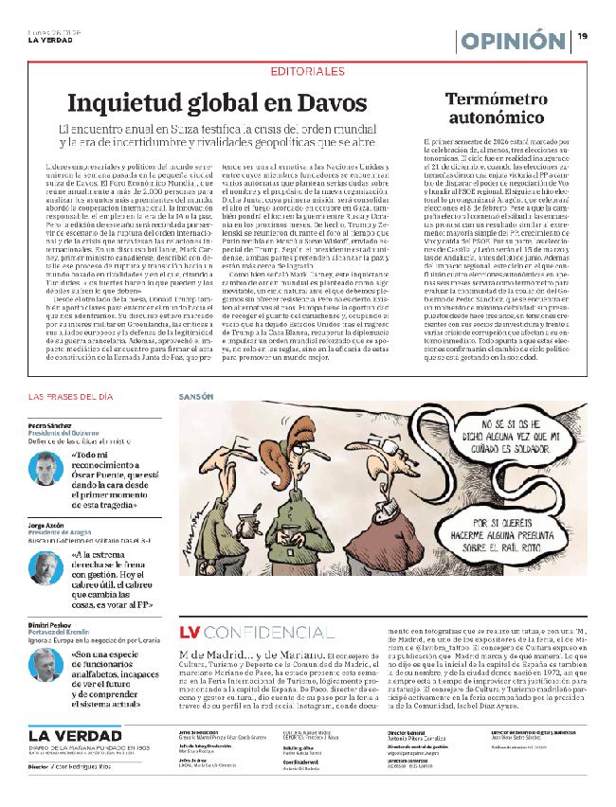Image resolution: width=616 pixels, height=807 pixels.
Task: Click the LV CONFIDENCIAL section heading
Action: point(245,632)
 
